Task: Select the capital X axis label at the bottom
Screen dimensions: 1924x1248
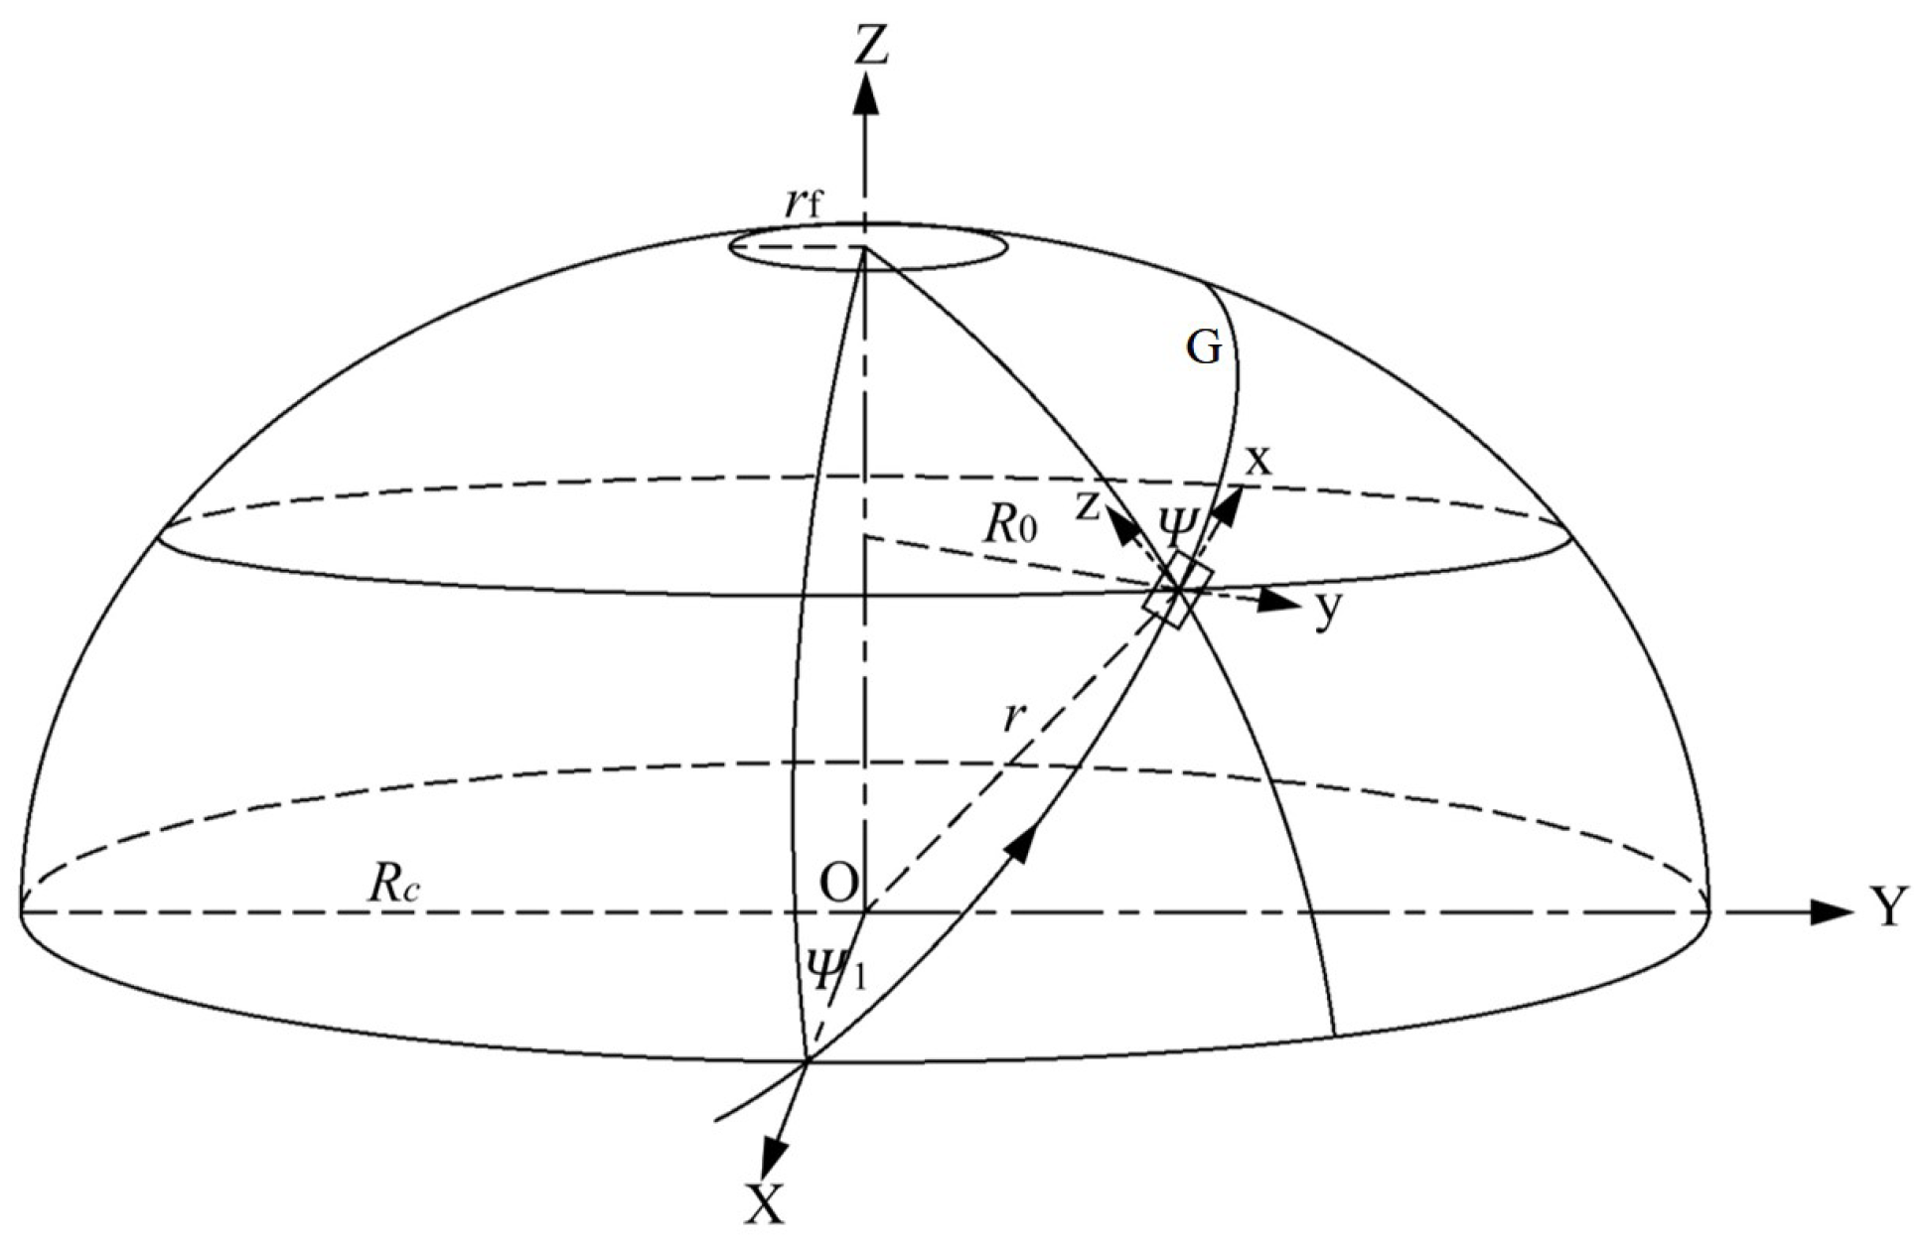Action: click(764, 1205)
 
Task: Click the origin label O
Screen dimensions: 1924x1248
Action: click(839, 883)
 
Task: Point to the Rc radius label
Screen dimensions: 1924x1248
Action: click(394, 885)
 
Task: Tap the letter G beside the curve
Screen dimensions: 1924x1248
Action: click(1204, 348)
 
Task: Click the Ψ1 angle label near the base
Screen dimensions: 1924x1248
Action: click(837, 971)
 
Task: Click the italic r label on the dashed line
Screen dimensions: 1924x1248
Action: click(1012, 716)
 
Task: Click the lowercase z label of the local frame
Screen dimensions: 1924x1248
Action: click(1090, 507)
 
